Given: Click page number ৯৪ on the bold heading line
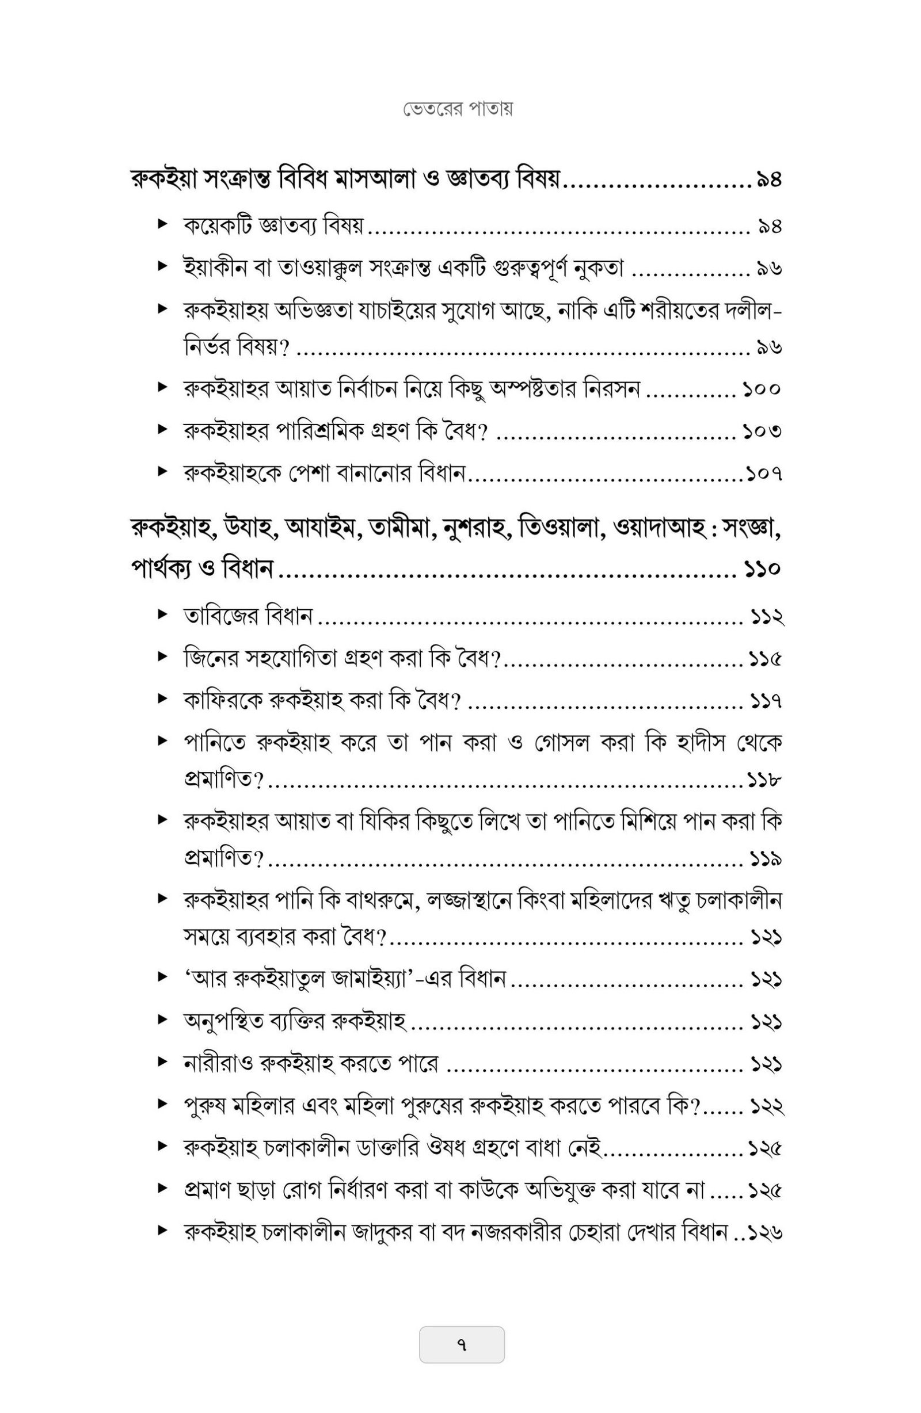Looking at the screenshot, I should click(x=768, y=180).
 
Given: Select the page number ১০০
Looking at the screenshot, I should click(x=760, y=390).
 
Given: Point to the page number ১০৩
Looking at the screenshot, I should click(x=760, y=431).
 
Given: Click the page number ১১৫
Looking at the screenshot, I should click(x=764, y=659).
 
